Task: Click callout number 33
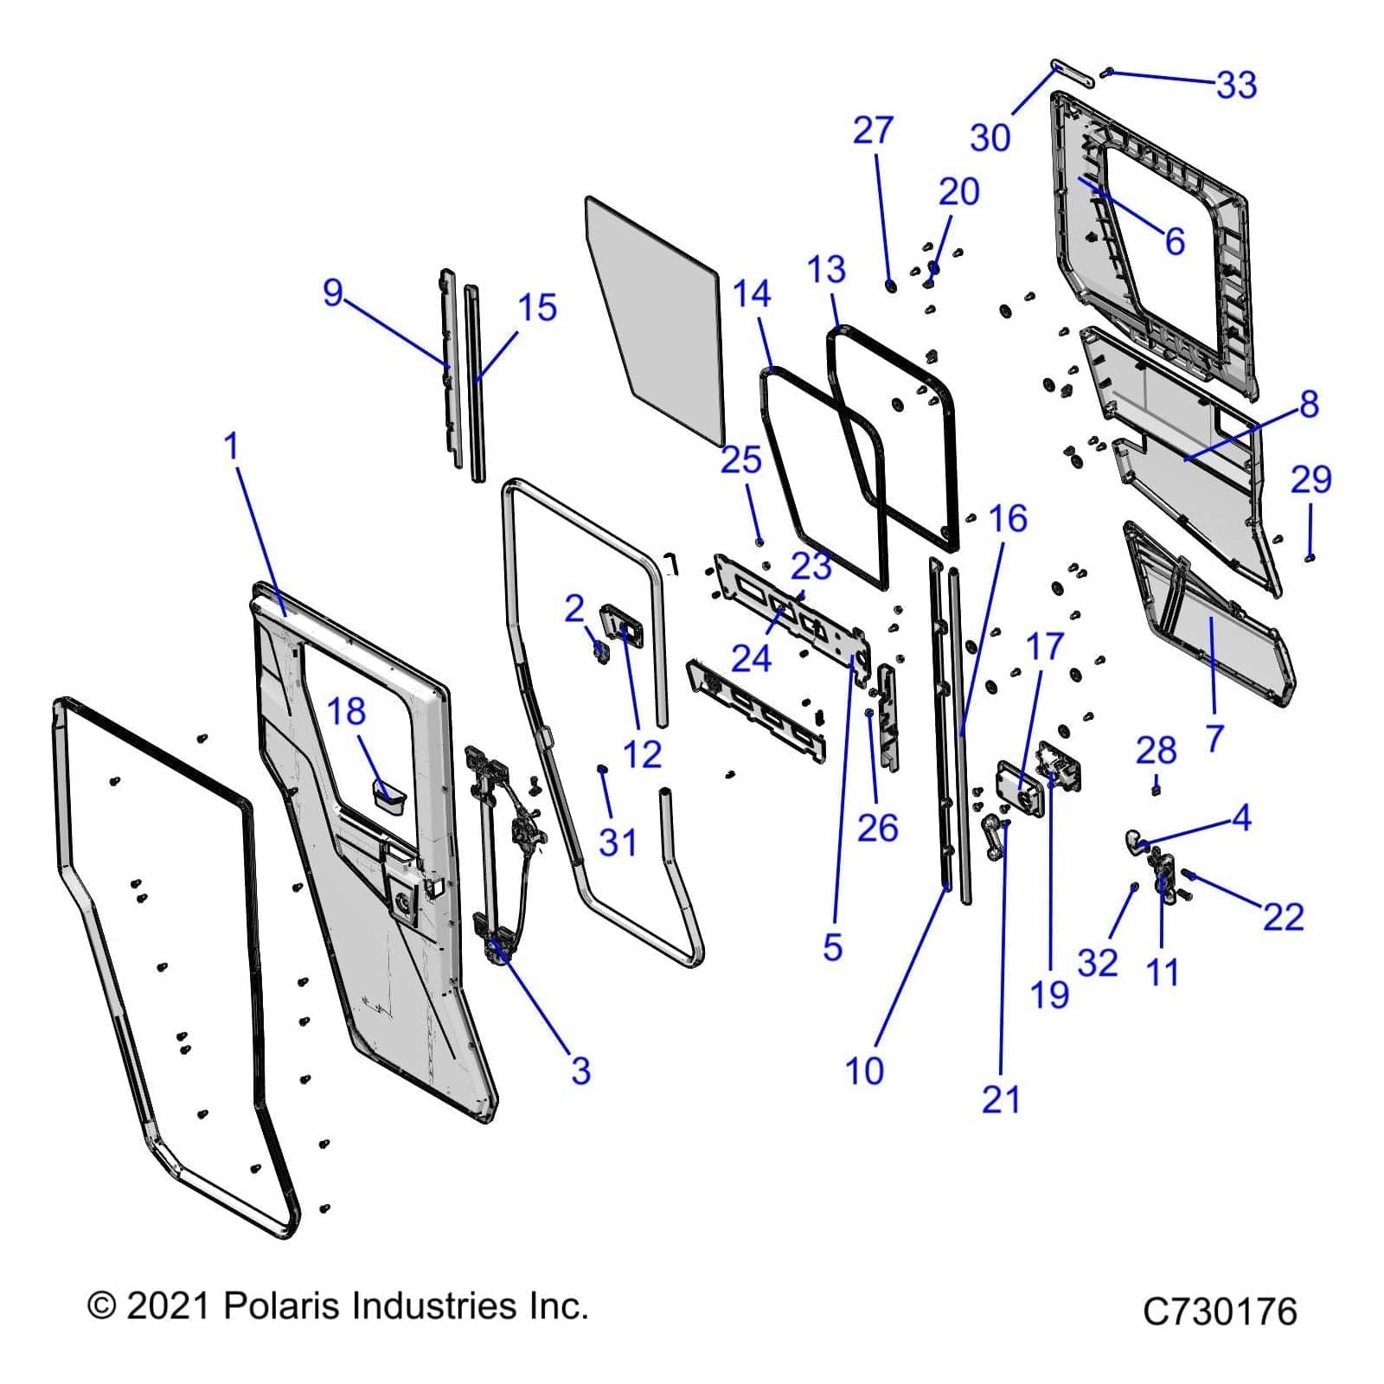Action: [1236, 85]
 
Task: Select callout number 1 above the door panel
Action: [230, 446]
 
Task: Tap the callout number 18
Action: [346, 712]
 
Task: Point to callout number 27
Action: [872, 131]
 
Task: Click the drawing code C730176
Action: [1219, 1311]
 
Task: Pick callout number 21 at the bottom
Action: [1001, 1099]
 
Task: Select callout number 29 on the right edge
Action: [1310, 479]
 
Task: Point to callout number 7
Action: [1215, 738]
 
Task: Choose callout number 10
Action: [864, 1071]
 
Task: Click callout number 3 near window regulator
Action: [580, 1071]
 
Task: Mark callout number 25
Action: [740, 460]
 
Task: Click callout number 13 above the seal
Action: [826, 270]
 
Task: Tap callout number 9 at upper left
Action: [333, 292]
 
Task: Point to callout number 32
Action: [1098, 962]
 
